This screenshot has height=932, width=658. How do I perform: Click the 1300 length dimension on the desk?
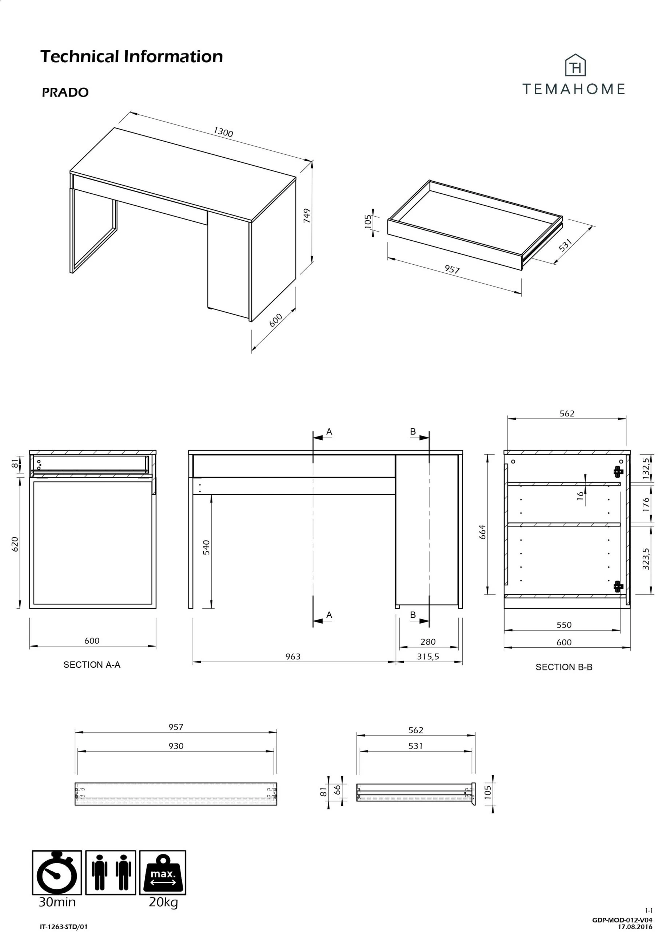(x=223, y=132)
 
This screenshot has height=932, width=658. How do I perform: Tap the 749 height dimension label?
(x=307, y=216)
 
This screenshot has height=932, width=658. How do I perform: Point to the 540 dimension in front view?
(x=207, y=547)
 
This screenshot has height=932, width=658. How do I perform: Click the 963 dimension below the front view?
(x=293, y=656)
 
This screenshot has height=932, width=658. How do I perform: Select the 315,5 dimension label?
(x=428, y=656)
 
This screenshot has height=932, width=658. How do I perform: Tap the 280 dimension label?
(x=428, y=642)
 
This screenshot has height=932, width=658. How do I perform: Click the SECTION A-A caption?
(x=92, y=664)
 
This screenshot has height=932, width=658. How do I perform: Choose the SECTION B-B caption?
(x=564, y=667)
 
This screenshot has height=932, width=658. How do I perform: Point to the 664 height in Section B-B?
(x=483, y=532)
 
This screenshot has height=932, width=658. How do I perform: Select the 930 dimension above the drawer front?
(x=176, y=746)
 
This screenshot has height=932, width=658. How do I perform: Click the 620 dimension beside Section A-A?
(x=15, y=544)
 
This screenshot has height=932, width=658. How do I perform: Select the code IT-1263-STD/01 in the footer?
(x=64, y=927)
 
